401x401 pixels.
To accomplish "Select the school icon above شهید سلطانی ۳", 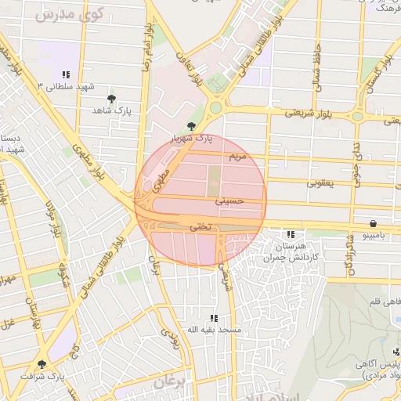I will click(x=66, y=74).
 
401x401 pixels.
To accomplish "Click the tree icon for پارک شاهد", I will click(x=111, y=99).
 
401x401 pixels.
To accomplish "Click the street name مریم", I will click(x=237, y=157).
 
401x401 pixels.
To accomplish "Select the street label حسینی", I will click(x=229, y=200).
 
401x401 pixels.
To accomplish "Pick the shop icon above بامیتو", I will click(x=371, y=222).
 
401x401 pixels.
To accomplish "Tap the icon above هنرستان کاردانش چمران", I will click(x=291, y=233).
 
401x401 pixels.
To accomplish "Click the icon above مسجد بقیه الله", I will click(x=212, y=318).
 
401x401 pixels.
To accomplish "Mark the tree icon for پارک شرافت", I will click(x=41, y=364).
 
